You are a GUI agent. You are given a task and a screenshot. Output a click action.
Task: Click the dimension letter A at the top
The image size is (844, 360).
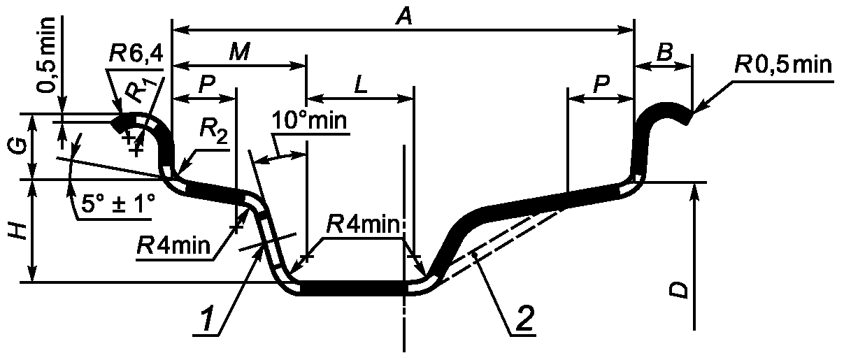point(404,17)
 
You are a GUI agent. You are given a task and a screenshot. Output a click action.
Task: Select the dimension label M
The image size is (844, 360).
point(240,52)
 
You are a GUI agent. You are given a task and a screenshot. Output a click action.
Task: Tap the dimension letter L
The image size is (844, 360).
point(361,85)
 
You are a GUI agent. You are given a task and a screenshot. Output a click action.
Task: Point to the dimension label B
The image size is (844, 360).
point(664,52)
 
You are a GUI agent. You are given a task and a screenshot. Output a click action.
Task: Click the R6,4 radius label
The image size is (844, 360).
point(136,54)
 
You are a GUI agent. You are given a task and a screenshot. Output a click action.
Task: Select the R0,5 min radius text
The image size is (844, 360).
point(783,65)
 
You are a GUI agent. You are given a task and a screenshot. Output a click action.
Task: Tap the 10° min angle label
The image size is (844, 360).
point(308,120)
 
